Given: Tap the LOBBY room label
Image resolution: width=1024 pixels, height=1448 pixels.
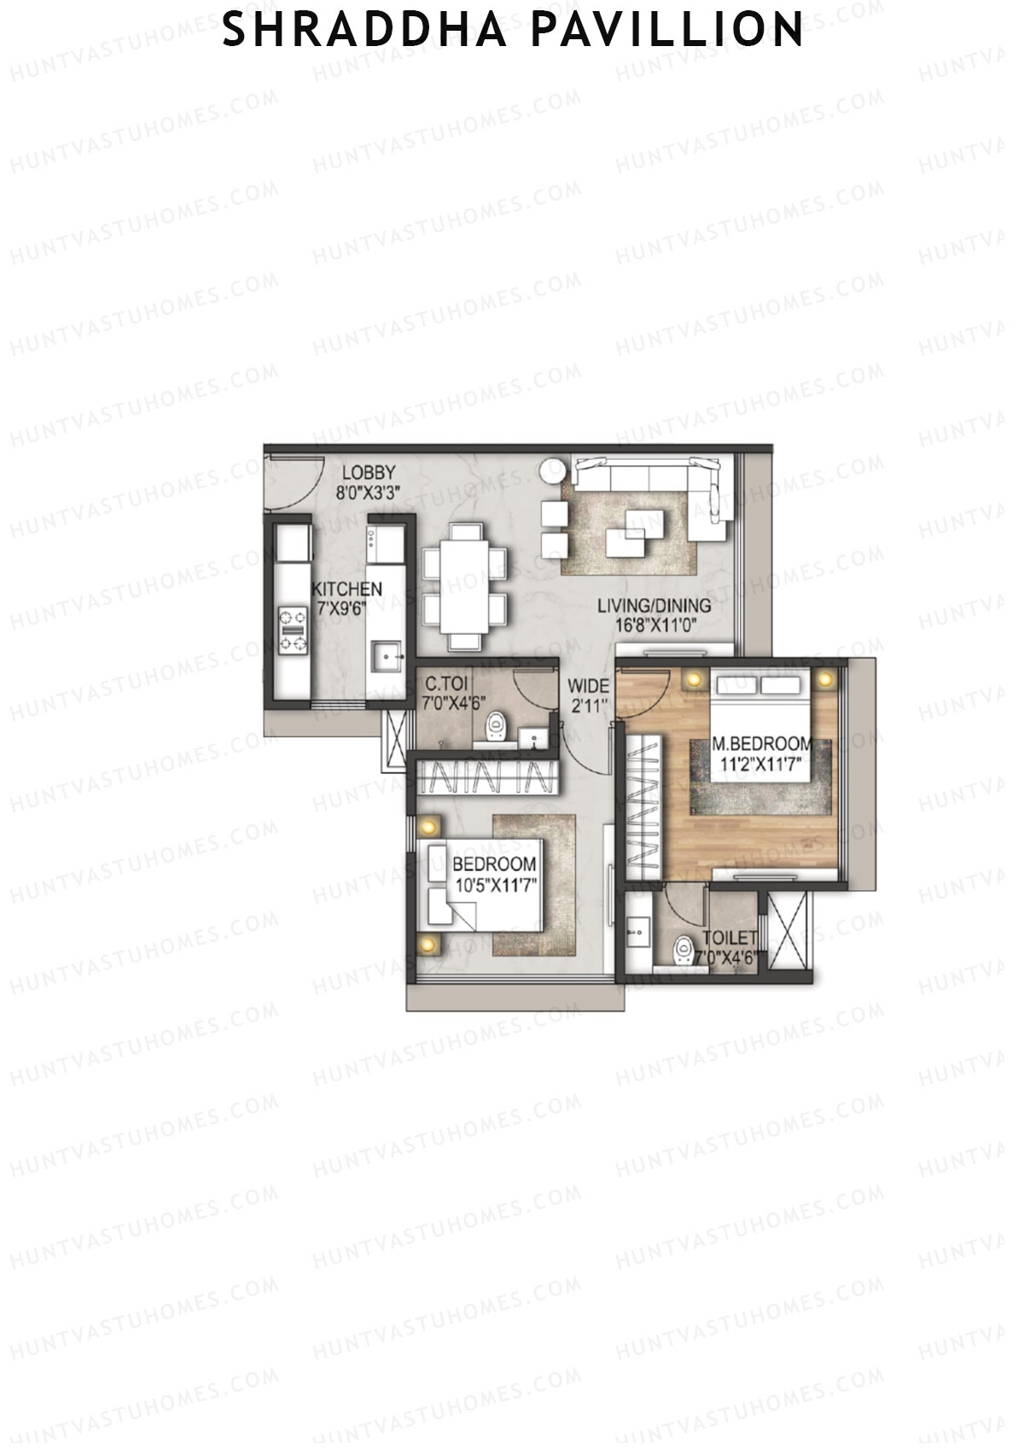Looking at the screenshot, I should pos(369,473).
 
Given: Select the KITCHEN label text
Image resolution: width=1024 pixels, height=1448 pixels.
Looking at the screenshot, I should pos(346,590).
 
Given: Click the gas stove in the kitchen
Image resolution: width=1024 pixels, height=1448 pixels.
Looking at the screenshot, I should pos(293,630).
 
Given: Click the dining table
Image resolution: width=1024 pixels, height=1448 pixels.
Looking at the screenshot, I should pos(465,588).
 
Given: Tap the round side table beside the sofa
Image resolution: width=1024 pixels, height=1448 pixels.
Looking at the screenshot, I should pos(551,469).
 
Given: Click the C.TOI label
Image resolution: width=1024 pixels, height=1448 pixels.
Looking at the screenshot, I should pos(445,684).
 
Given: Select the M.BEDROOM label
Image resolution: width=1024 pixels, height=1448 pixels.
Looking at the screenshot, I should pos(761,743).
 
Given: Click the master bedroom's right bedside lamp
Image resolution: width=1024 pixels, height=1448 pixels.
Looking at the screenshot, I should pos(825,680).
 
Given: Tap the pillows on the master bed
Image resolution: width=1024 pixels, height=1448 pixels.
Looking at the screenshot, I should pos(761,686).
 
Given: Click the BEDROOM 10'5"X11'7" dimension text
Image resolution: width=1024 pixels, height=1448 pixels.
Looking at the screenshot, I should pos(495,886).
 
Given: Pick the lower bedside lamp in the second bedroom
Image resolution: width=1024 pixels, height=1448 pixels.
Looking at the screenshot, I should pos(428,944).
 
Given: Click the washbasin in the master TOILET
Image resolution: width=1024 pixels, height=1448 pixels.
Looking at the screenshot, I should pos(637,933).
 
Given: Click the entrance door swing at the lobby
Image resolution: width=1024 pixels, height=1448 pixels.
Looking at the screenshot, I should pos(290,482).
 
